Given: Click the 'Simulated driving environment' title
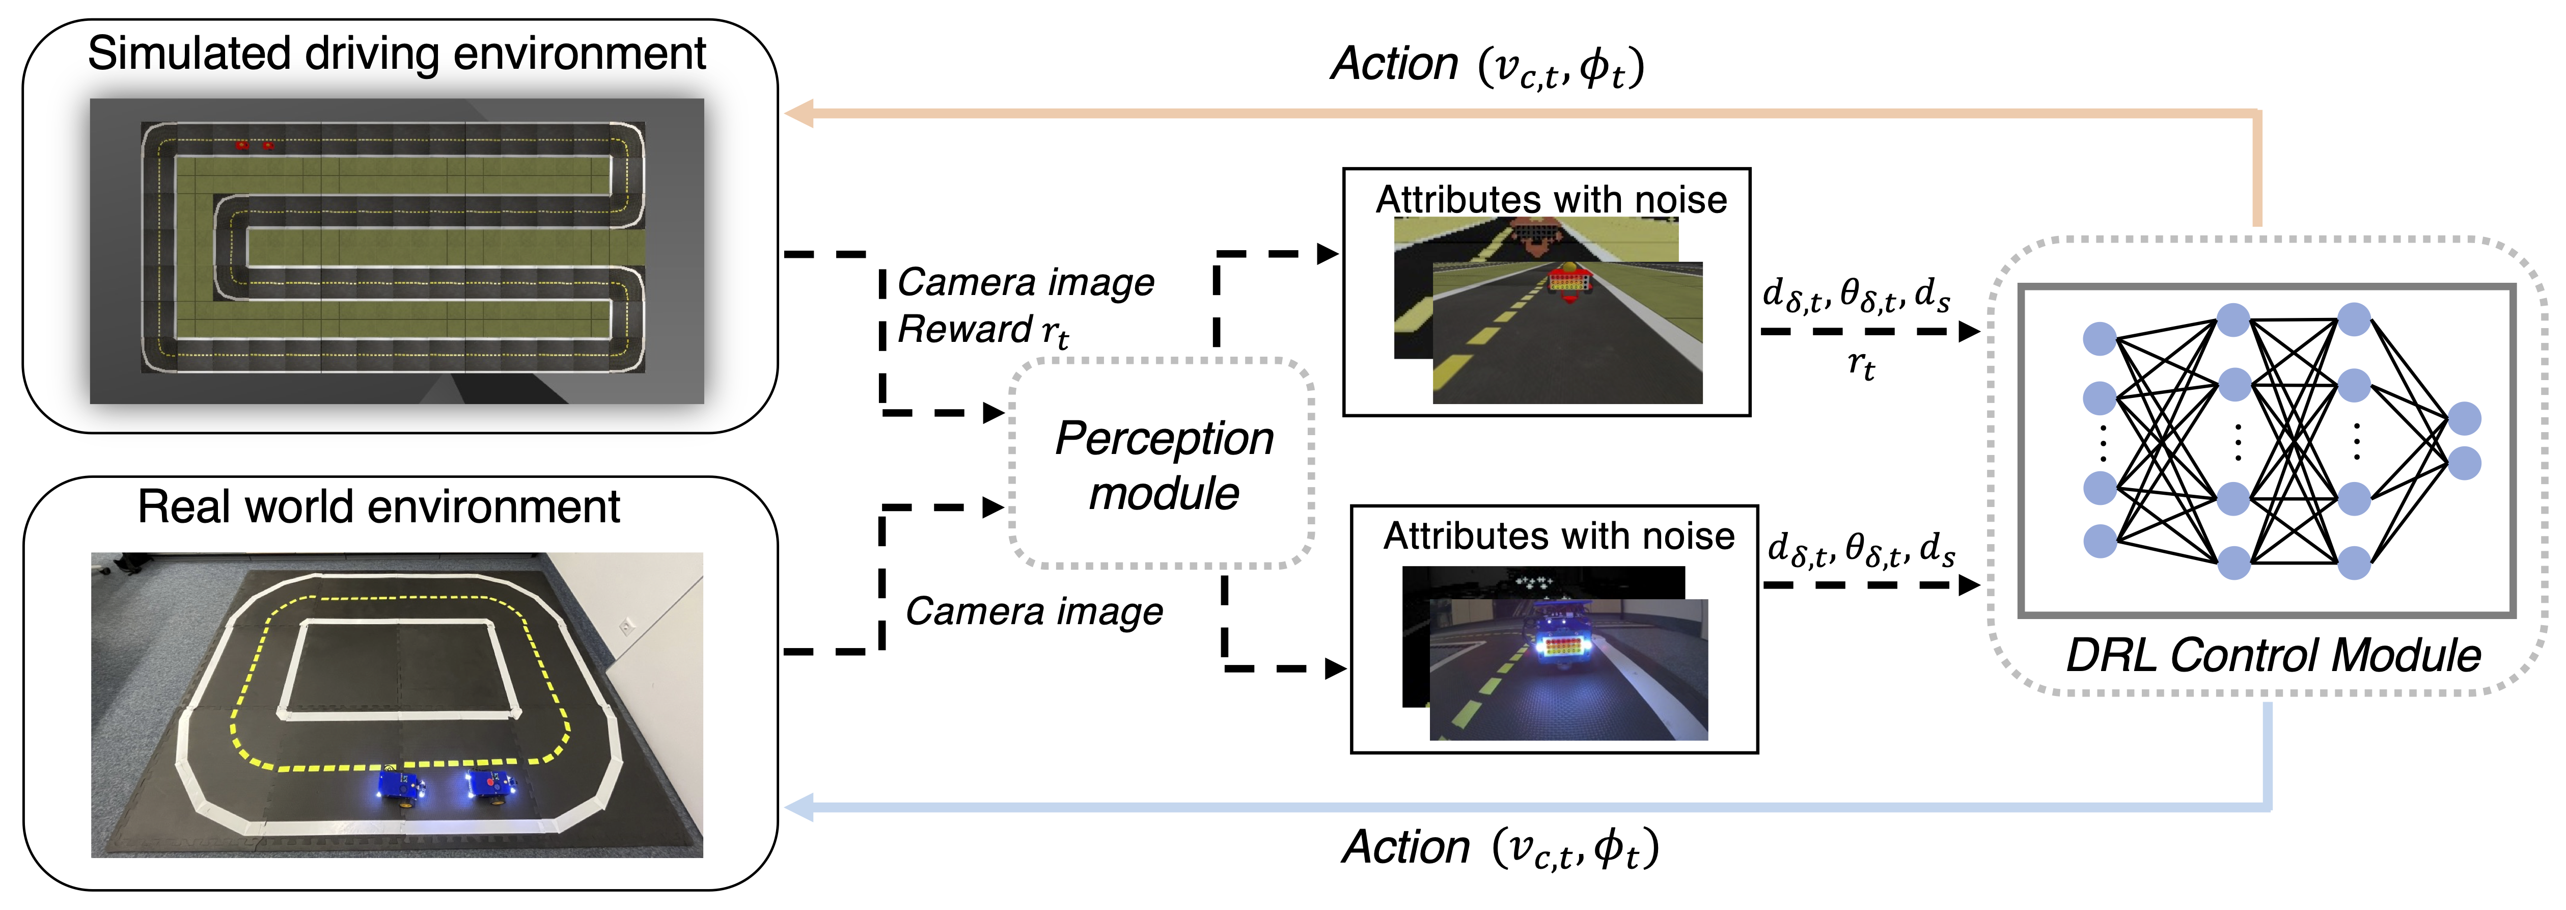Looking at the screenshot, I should point(397,54).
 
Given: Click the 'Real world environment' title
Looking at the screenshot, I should point(378,506).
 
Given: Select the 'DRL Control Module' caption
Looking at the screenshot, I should point(2273,655).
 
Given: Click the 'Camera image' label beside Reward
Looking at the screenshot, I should point(1026,282).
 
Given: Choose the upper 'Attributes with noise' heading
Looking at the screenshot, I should point(1551,199).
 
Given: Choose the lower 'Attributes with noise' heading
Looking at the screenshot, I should point(1559,536).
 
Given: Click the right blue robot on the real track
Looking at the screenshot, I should point(490,785).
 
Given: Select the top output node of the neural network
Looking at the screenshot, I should point(2464,419).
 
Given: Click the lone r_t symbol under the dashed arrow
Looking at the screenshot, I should point(1861,366).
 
